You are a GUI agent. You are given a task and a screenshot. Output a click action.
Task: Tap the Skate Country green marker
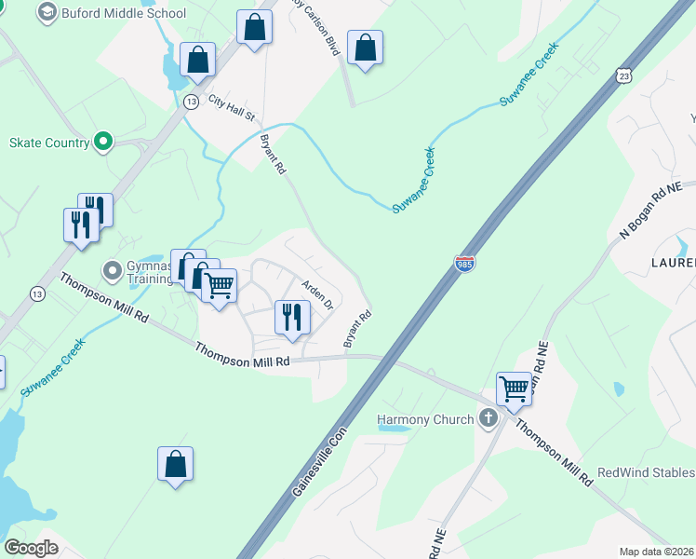103,143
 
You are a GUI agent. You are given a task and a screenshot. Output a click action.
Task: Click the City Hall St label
232,107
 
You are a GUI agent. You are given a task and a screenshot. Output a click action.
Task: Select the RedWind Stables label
646,473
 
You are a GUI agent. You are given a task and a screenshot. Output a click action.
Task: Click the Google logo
32,548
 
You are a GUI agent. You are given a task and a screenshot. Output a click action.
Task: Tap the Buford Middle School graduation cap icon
47,13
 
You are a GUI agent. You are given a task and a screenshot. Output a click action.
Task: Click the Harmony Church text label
425,419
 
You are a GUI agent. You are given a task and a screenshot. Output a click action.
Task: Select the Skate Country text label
49,143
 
